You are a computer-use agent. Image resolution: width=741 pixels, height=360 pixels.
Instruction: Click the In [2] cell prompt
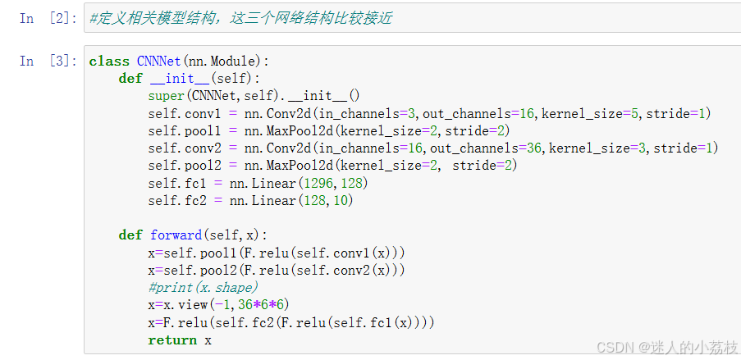(42, 18)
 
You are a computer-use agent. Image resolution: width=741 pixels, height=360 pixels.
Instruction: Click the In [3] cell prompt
(42, 61)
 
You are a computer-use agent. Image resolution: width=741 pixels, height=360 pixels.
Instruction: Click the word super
(167, 96)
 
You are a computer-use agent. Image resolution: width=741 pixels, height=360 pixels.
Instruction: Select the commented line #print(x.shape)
(203, 287)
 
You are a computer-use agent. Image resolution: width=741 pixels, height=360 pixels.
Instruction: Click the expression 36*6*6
(263, 304)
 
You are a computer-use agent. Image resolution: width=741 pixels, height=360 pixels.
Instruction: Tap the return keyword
(172, 339)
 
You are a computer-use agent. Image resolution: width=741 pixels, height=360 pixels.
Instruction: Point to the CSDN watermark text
(667, 348)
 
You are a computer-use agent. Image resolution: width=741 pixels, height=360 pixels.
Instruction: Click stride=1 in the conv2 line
(685, 148)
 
